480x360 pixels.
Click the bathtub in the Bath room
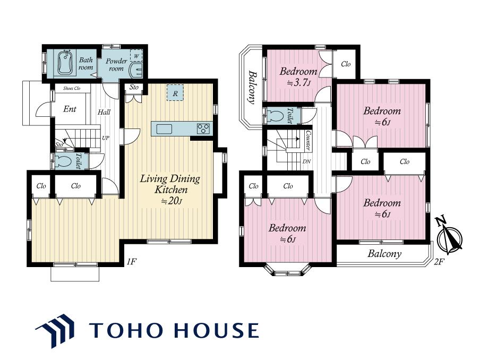[65, 63]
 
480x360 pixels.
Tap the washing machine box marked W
[136, 55]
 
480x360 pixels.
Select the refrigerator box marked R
[175, 93]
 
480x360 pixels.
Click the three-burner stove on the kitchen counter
[203, 128]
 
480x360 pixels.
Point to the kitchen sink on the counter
[165, 129]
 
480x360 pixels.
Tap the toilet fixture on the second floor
[275, 116]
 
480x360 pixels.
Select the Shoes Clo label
[72, 88]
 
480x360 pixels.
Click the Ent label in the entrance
[70, 109]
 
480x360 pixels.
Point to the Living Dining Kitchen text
[170, 184]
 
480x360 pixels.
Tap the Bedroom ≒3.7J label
[298, 77]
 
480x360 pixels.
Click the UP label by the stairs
[105, 138]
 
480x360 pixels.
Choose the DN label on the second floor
[306, 161]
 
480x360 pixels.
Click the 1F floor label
[131, 262]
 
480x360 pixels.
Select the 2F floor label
[439, 262]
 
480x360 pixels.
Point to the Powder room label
[116, 65]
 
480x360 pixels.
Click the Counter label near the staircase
[308, 141]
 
